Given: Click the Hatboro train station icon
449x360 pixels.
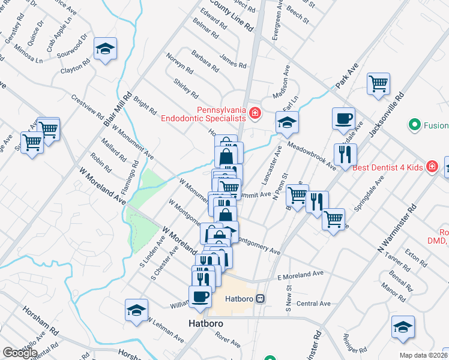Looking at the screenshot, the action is click(x=261, y=298).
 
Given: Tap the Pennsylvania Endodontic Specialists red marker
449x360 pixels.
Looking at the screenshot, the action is click(x=255, y=112).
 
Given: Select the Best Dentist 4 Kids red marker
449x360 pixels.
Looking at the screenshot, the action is click(x=431, y=166).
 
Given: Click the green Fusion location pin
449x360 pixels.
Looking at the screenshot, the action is click(x=414, y=125).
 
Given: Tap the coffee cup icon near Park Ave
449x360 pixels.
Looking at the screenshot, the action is click(x=343, y=118).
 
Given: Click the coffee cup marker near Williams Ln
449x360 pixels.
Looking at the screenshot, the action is click(x=200, y=296).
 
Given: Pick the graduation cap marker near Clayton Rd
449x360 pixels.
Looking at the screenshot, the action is click(x=106, y=50).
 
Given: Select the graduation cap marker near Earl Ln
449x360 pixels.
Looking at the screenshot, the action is click(x=287, y=123).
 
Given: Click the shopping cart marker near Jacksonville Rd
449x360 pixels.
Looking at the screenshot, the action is click(x=378, y=84).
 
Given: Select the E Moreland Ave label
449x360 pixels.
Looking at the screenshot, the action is click(x=300, y=275).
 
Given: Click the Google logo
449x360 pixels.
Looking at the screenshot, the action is click(x=19, y=352).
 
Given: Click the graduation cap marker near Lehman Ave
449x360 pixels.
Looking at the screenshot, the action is click(x=137, y=311).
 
